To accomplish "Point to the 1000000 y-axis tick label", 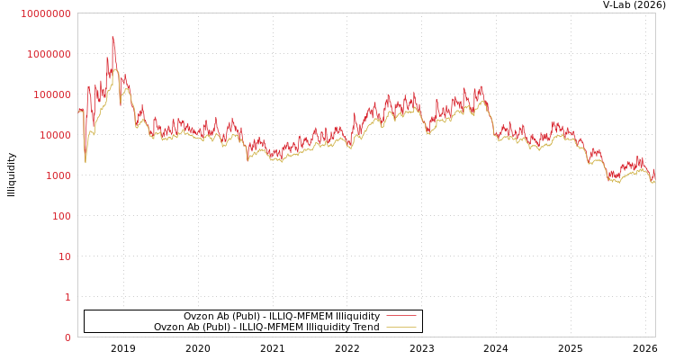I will (49, 54).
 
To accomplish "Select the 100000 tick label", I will (51, 94).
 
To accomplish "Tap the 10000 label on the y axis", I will (54, 135).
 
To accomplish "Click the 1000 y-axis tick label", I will (58, 175).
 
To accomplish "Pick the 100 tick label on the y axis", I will (60, 216).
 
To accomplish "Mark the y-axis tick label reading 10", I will (64, 256).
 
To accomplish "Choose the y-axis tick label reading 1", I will (67, 297).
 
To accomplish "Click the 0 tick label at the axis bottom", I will (67, 337).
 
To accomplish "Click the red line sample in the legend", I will (400, 316).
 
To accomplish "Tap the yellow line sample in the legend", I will (400, 327).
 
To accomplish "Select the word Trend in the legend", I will (364, 327).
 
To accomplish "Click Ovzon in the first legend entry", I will (198, 316).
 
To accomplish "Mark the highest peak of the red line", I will (112, 37).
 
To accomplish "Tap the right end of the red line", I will (654, 168).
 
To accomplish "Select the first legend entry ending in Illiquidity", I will (281, 316).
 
